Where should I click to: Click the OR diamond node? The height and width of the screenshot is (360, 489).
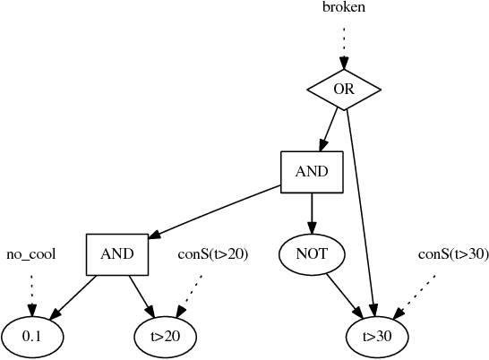coord(344,89)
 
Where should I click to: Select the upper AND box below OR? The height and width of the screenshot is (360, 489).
coord(312,171)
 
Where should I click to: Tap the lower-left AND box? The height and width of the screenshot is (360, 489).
coord(117,253)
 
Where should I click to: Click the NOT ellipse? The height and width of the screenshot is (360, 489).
coord(312,253)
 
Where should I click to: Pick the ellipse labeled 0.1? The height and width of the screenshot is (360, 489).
coord(32,336)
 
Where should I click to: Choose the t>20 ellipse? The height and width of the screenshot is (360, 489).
coord(165,336)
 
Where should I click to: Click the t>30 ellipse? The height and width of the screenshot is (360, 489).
coord(377,336)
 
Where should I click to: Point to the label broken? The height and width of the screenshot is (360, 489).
coord(344,8)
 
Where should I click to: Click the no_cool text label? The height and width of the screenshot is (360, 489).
coord(31,254)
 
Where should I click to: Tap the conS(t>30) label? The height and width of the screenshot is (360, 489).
coord(453,254)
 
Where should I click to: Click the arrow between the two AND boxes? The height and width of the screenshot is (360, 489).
coord(215,212)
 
